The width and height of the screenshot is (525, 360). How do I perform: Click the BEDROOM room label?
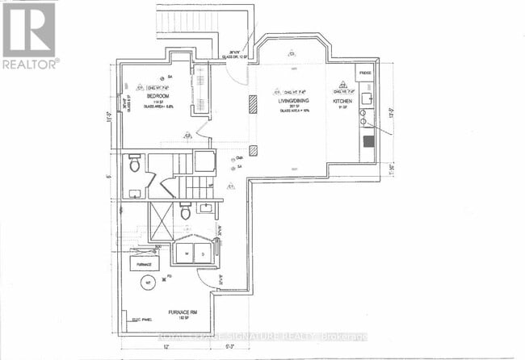click(x=157, y=96)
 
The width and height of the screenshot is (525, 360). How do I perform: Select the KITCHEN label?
click(x=342, y=103)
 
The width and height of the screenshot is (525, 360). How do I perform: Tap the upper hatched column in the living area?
click(x=253, y=103)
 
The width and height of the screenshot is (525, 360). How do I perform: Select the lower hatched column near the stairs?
click(x=253, y=149)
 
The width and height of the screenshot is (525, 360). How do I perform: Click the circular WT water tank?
click(x=148, y=284)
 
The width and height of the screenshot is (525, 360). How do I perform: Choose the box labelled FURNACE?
click(x=145, y=263)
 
